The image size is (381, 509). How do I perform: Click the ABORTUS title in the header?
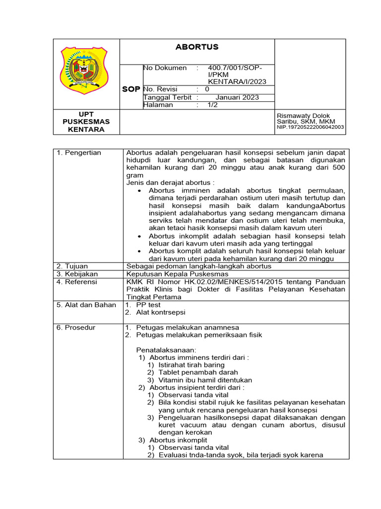(x=197, y=47)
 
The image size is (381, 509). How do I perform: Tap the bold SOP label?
(x=131, y=89)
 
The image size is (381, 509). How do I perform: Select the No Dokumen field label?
(x=165, y=68)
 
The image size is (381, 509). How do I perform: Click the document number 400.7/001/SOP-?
(x=235, y=68)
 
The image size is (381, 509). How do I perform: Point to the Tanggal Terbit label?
(x=167, y=97)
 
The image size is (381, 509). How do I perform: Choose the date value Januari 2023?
(x=237, y=97)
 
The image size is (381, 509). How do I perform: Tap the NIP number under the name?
(x=310, y=127)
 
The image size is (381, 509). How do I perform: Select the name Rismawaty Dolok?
(x=303, y=116)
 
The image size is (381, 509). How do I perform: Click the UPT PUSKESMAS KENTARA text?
(x=86, y=122)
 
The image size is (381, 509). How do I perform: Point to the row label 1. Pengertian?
(x=78, y=153)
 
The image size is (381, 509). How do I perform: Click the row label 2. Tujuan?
(x=72, y=266)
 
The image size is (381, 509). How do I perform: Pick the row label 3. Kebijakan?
(x=77, y=274)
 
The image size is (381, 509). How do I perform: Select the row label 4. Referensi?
(x=77, y=282)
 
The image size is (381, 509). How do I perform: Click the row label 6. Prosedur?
(x=75, y=328)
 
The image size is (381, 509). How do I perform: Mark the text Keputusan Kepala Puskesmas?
(x=177, y=274)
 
